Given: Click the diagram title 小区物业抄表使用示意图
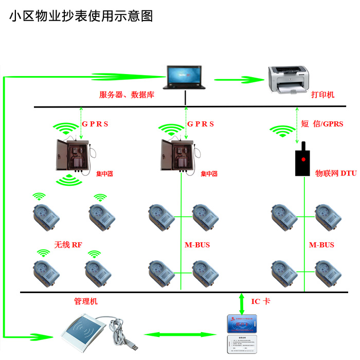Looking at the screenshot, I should pos(81,16).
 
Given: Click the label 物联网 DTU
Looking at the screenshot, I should pos(336,174).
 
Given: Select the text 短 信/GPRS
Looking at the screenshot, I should pos(322,124).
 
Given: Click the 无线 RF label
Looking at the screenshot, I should pos(68,245).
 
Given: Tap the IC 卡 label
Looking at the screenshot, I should pos(260,301).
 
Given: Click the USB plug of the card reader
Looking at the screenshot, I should pos(133,346).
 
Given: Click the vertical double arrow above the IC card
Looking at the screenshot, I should pos(243,303).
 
